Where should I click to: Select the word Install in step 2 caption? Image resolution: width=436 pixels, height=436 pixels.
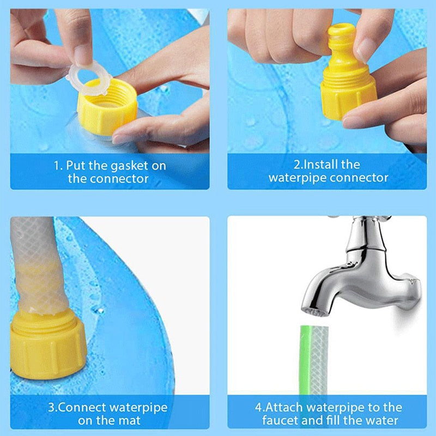[322, 164]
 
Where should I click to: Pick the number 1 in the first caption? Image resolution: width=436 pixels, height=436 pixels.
[56, 165]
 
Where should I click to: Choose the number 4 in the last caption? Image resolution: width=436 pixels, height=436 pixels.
[258, 407]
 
